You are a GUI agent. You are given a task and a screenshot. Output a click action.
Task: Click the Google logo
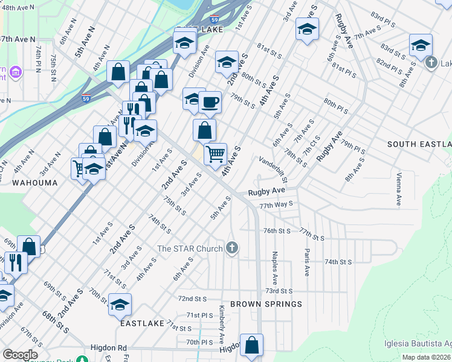coord(20,355)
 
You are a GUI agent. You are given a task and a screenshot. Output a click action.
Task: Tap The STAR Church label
coord(190,248)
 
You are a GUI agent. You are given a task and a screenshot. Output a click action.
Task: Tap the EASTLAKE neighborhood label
coord(142,323)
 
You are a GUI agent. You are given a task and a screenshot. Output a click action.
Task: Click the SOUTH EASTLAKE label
coord(419,144)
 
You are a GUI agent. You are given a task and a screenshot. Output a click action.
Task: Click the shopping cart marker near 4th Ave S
coord(215,154)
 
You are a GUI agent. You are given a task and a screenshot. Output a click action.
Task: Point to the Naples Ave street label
coord(275,268)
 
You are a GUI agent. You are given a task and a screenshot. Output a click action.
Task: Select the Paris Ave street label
coord(308,262)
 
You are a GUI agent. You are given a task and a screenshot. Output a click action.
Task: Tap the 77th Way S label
coord(276,206)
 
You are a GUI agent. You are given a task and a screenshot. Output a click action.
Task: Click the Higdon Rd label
coord(108,348)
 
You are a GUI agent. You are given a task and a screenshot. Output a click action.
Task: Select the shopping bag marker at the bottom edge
coord(252,346)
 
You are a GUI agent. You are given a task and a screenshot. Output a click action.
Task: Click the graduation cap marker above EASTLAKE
coord(120,304)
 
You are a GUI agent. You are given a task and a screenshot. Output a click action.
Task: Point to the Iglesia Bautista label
coord(417,344)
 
